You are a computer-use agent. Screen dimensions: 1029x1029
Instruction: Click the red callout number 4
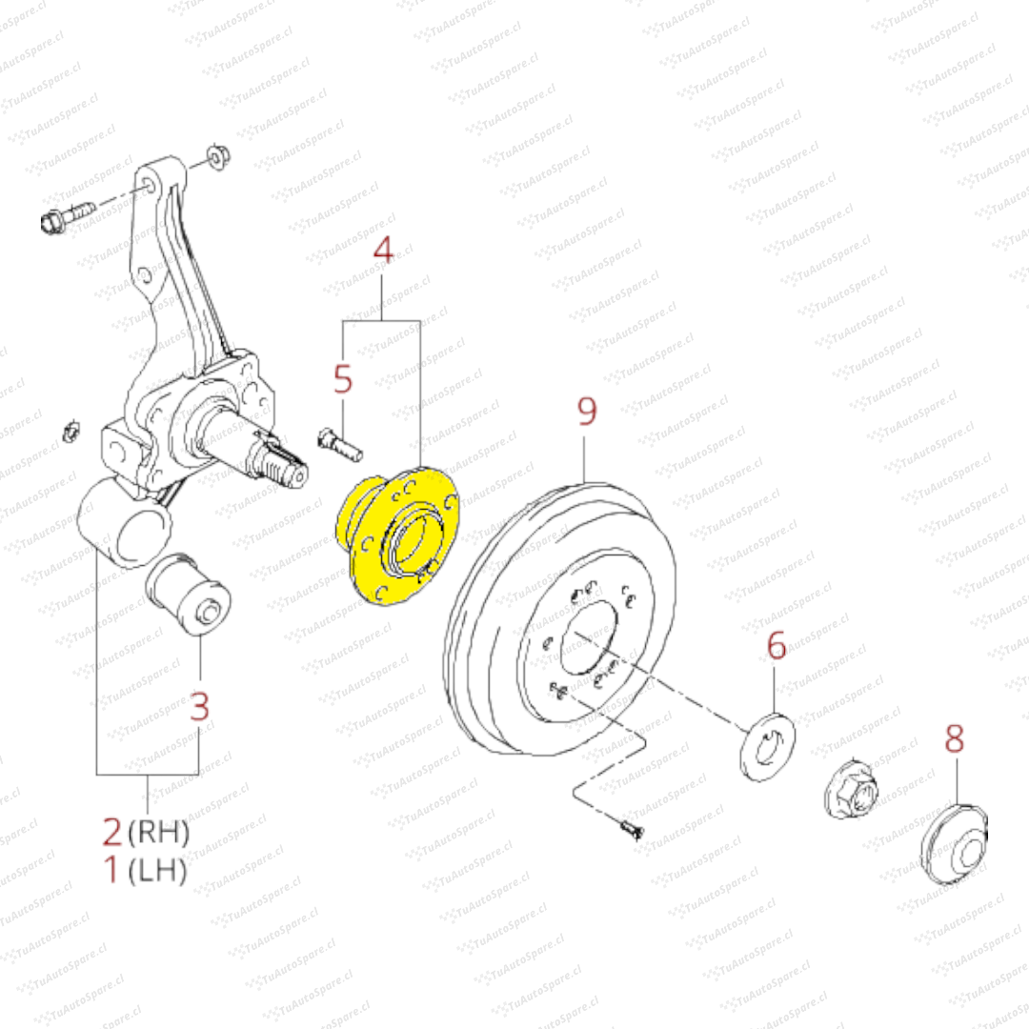(x=383, y=250)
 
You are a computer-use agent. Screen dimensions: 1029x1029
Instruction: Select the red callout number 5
(x=343, y=378)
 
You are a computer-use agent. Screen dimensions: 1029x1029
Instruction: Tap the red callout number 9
(x=587, y=412)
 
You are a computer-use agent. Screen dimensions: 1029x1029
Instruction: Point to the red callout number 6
(x=777, y=646)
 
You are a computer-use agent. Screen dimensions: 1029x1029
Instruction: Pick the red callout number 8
(x=954, y=738)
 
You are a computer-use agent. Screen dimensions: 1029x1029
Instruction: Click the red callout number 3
(x=199, y=706)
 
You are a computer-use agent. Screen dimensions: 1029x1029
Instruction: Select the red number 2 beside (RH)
(x=112, y=832)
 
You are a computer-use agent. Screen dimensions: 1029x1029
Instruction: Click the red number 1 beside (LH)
(x=111, y=869)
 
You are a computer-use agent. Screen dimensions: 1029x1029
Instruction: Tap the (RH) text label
(x=159, y=833)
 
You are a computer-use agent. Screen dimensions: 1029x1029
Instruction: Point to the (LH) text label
(x=157, y=870)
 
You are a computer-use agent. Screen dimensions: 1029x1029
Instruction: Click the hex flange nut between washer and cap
(x=851, y=790)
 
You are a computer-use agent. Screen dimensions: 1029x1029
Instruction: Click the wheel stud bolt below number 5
(x=340, y=444)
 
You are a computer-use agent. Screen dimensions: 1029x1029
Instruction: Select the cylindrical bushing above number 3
(x=188, y=595)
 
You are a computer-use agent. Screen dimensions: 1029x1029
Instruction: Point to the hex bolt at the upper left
(x=68, y=216)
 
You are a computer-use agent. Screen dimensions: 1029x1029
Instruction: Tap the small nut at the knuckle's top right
(x=218, y=157)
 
